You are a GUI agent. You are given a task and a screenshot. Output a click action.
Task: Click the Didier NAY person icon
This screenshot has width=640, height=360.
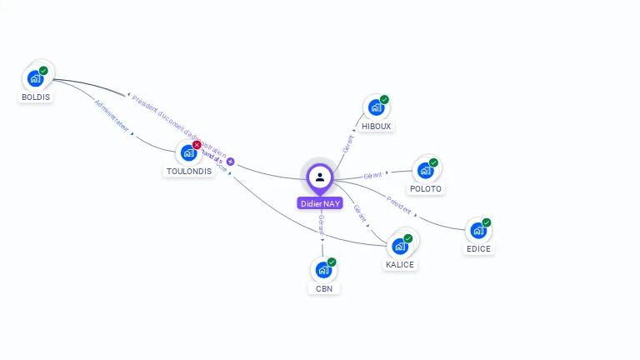pos(320,177)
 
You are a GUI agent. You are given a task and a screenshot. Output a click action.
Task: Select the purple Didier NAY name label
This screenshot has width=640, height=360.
pos(320,203)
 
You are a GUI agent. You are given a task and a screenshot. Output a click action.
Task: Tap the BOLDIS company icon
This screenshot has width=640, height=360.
pos(35,78)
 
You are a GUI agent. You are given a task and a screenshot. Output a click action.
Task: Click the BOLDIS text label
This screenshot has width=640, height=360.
pos(35,97)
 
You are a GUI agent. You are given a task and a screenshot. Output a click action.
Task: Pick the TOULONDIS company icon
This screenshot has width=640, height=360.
pos(188,153)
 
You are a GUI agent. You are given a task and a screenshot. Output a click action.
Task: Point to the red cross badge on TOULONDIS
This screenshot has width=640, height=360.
pos(197,145)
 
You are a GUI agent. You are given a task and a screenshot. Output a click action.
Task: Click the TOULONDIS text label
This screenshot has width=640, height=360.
pos(188,172)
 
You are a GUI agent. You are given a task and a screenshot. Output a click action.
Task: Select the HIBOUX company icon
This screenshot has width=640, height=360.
pos(376,107)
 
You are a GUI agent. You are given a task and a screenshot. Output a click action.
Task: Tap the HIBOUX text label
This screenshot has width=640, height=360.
pos(377,126)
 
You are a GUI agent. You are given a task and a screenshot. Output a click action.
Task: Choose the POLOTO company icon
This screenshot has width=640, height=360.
pos(425,170)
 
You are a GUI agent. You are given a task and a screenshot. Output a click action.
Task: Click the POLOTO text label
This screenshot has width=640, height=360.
pos(426,188)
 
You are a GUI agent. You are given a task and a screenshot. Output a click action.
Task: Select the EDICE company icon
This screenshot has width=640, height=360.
pos(477,230)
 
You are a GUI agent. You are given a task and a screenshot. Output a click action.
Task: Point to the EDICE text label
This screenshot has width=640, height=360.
pos(478,248)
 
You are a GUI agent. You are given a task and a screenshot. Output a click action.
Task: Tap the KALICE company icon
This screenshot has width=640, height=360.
pos(399,246)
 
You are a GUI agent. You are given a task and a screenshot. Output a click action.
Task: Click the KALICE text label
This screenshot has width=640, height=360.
pos(400,264)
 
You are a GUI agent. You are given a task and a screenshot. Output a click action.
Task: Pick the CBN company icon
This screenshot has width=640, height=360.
pos(323,270)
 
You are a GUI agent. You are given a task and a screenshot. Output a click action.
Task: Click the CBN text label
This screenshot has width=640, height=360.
pos(324,288)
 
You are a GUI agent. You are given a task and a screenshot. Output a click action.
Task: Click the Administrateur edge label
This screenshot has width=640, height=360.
pos(112,116)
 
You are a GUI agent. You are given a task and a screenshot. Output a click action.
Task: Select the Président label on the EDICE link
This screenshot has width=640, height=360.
pos(399,204)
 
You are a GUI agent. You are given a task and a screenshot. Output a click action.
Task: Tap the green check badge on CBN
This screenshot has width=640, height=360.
pos(332,262)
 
